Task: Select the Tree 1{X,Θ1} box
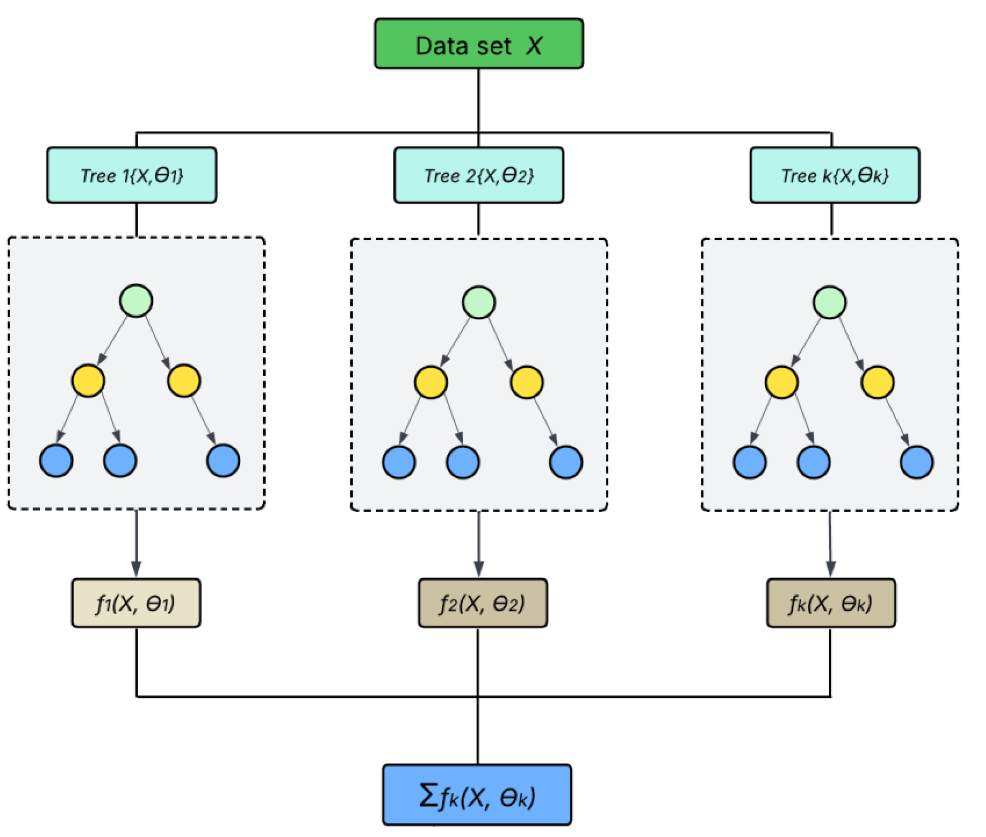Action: tap(131, 175)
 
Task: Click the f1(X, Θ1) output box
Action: tap(136, 603)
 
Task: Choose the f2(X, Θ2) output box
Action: tap(482, 603)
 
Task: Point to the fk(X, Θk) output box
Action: tap(831, 603)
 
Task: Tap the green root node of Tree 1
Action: tap(136, 301)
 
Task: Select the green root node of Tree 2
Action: tap(479, 302)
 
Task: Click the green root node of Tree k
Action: tap(829, 302)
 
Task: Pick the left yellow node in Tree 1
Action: tap(88, 381)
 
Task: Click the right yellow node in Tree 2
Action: tap(526, 382)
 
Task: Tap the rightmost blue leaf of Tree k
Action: tap(916, 462)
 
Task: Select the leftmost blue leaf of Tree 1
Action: tap(56, 460)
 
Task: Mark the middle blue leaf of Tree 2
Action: tap(462, 462)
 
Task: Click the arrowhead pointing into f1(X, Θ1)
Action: tap(136, 569)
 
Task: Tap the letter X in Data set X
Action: tap(534, 46)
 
